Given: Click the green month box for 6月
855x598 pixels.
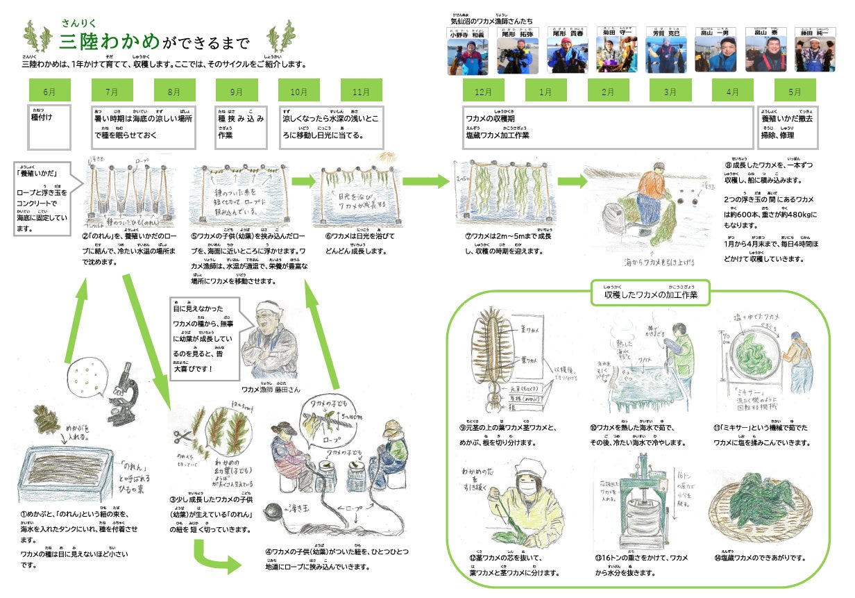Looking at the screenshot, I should (x=49, y=91).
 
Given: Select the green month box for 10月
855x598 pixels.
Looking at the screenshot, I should (x=299, y=91).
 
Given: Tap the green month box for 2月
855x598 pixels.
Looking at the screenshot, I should (x=608, y=91).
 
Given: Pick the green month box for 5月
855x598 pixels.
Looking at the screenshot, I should (x=795, y=91).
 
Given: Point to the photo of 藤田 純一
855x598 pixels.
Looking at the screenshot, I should (x=813, y=56).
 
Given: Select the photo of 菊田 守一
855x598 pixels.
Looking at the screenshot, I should (x=615, y=56).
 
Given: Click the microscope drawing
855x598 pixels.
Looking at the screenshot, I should (x=121, y=398).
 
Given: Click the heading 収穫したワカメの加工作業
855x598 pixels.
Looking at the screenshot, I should (x=651, y=294).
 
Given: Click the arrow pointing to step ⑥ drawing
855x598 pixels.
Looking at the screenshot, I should (x=303, y=182).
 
